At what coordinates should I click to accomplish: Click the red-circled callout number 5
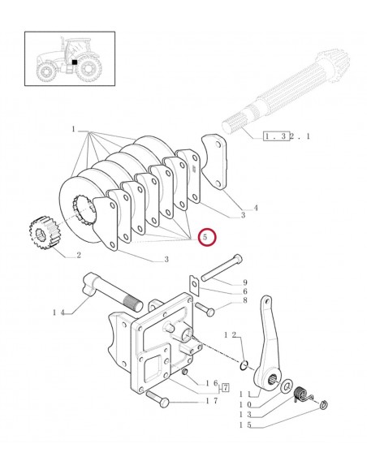click(205, 237)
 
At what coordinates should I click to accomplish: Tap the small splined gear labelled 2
click(42, 233)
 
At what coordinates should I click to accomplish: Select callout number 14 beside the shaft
click(59, 312)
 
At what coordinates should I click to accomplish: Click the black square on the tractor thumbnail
click(75, 62)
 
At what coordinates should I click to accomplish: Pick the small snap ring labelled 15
click(324, 404)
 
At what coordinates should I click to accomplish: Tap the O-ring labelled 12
click(244, 365)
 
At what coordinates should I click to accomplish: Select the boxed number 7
click(226, 387)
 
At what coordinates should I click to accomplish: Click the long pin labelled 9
click(222, 266)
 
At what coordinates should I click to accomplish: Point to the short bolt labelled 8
click(205, 308)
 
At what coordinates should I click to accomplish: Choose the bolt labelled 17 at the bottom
click(158, 399)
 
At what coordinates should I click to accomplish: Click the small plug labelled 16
click(185, 372)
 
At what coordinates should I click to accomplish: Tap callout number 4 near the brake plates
click(256, 208)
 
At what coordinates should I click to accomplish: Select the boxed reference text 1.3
click(274, 136)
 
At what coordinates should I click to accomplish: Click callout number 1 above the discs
click(73, 129)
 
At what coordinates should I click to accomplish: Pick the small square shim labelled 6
click(194, 284)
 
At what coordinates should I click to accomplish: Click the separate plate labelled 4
click(214, 162)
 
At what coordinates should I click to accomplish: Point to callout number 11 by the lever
click(245, 394)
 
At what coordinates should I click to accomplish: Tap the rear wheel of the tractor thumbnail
click(89, 68)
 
